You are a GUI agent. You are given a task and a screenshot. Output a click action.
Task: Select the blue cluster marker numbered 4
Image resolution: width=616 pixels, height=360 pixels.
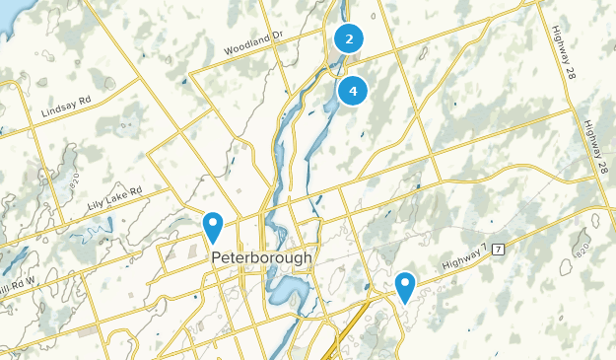tap(352, 91)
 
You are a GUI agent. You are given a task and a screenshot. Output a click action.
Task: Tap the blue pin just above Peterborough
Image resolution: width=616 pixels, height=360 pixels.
tap(212, 227)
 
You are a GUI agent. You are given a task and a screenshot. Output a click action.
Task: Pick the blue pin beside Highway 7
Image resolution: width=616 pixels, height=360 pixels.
tap(404, 287)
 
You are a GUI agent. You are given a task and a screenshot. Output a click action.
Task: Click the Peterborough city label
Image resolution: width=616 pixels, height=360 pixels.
tap(261, 257)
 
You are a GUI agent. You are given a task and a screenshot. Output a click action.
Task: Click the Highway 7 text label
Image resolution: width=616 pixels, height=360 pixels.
tap(462, 258)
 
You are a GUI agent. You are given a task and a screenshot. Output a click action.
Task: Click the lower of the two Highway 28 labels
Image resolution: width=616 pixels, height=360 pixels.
tap(595, 149)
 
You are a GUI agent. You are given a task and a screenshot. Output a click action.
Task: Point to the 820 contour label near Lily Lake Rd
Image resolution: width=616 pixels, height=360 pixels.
tap(74, 179)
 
